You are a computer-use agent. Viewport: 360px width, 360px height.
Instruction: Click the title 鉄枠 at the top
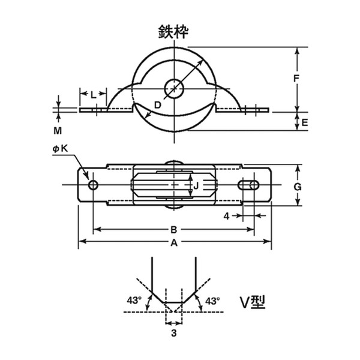173,32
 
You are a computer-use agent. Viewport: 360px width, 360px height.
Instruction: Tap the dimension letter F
296,79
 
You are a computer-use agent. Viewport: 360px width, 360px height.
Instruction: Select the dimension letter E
304,123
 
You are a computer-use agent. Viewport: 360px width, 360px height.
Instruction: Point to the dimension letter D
158,105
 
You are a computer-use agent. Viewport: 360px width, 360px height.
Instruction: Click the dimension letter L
93,95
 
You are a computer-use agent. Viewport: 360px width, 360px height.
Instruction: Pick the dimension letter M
58,131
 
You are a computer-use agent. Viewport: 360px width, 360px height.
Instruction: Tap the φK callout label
61,149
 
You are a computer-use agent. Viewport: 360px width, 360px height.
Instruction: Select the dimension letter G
298,187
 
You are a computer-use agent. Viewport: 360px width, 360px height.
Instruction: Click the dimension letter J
196,186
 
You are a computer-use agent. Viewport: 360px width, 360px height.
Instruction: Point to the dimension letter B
174,230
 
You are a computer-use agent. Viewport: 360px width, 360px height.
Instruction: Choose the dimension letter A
174,242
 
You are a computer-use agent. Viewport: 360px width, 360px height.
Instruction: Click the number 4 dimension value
226,216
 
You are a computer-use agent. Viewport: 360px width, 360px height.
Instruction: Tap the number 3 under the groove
174,333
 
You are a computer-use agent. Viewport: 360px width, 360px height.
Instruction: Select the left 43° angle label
134,300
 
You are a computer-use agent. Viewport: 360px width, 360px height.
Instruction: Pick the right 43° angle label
212,301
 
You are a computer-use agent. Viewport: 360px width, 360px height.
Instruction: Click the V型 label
253,302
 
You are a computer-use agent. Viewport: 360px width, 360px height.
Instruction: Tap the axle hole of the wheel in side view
175,88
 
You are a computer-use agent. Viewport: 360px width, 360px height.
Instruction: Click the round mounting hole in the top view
93,185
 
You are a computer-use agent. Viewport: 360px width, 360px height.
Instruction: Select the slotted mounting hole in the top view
248,185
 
